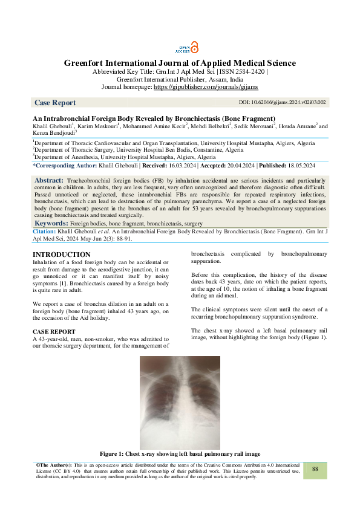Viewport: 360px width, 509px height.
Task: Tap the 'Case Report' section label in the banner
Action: click(x=55, y=103)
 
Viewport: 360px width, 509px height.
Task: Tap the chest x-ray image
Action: click(x=180, y=401)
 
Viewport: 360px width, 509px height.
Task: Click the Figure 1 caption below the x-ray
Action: click(x=180, y=454)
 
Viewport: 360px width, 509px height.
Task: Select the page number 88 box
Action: click(x=315, y=469)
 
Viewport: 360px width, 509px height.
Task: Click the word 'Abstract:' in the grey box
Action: click(x=49, y=181)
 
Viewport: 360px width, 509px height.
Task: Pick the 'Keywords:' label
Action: click(x=51, y=224)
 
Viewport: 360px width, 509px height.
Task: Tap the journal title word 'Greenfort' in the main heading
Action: click(x=90, y=63)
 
